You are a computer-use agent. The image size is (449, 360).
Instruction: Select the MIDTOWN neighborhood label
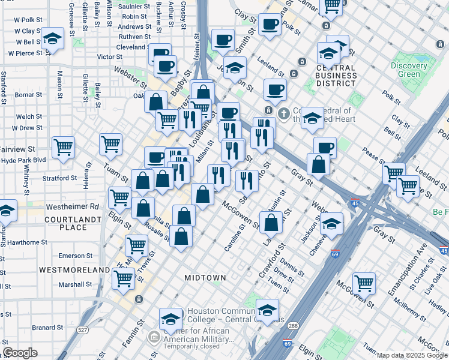click(x=205, y=278)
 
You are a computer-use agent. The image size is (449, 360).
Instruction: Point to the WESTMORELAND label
click(x=74, y=270)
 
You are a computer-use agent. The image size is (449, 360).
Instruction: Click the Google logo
click(x=20, y=353)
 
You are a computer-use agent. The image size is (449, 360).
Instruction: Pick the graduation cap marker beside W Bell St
click(x=53, y=39)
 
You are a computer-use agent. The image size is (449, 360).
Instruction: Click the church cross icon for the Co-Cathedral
click(x=285, y=112)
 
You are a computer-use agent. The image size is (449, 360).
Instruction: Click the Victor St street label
click(x=110, y=57)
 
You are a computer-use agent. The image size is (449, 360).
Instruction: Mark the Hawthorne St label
click(x=23, y=242)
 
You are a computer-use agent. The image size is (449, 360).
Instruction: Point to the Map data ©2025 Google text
click(x=411, y=355)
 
